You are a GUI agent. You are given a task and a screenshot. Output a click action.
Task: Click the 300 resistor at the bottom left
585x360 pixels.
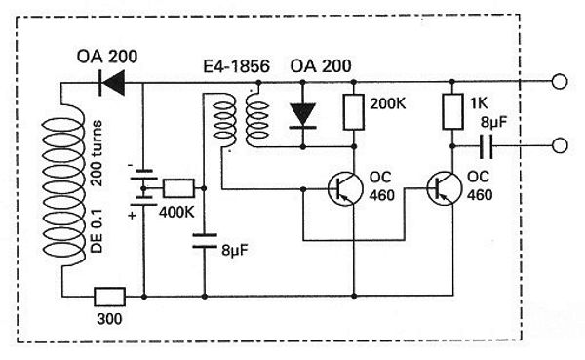click(x=109, y=297)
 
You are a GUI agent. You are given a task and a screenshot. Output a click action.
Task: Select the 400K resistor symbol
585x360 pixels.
click(x=178, y=188)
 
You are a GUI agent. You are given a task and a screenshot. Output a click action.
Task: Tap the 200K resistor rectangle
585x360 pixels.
click(x=354, y=112)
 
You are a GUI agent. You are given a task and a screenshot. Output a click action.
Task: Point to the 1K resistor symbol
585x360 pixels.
click(x=452, y=112)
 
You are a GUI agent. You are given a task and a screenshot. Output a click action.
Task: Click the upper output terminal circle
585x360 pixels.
click(x=560, y=81)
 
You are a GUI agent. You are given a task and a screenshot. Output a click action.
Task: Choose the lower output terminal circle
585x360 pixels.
click(x=560, y=145)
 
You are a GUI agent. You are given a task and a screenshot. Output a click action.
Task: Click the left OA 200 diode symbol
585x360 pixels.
click(x=111, y=83)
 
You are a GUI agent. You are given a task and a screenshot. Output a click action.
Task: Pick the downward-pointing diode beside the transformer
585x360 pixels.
click(x=303, y=116)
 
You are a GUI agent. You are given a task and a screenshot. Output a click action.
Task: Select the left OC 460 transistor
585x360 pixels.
click(x=345, y=188)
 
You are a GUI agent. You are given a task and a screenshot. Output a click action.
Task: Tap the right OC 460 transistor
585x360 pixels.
click(x=444, y=188)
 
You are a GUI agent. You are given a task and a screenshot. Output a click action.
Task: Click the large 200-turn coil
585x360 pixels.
click(x=63, y=186)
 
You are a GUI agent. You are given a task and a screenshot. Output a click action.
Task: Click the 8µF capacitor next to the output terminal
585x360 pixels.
click(x=487, y=146)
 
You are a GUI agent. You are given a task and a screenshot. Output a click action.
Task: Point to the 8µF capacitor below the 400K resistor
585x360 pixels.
click(x=205, y=241)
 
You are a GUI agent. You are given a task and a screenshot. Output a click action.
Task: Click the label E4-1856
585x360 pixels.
click(x=236, y=66)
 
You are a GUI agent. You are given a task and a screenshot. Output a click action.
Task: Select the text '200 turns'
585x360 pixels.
click(x=97, y=153)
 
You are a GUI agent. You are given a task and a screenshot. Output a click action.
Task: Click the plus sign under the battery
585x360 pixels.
click(x=132, y=216)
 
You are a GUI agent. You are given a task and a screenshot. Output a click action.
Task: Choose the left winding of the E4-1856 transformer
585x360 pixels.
click(x=223, y=120)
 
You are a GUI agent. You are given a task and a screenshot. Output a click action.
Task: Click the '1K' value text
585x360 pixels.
click(x=479, y=103)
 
